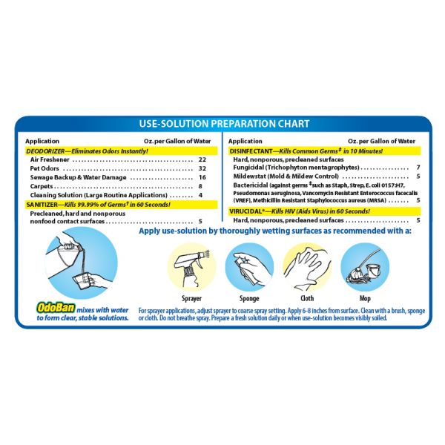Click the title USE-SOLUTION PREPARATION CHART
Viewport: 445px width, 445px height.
point(224,124)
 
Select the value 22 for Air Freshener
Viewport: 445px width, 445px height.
point(202,159)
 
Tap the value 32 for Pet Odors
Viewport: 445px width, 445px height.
point(202,168)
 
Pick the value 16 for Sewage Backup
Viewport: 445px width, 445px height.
point(202,177)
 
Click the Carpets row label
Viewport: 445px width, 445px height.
point(42,186)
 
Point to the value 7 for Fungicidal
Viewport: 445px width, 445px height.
point(418,168)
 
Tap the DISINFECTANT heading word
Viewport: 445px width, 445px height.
point(251,151)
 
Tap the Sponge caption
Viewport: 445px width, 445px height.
point(249,298)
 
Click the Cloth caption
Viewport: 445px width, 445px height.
point(307,298)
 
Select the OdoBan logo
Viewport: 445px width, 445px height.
point(56,308)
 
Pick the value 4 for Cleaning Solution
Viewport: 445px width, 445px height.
point(201,195)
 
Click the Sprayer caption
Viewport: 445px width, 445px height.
point(191,299)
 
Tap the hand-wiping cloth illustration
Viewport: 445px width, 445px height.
point(307,267)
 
